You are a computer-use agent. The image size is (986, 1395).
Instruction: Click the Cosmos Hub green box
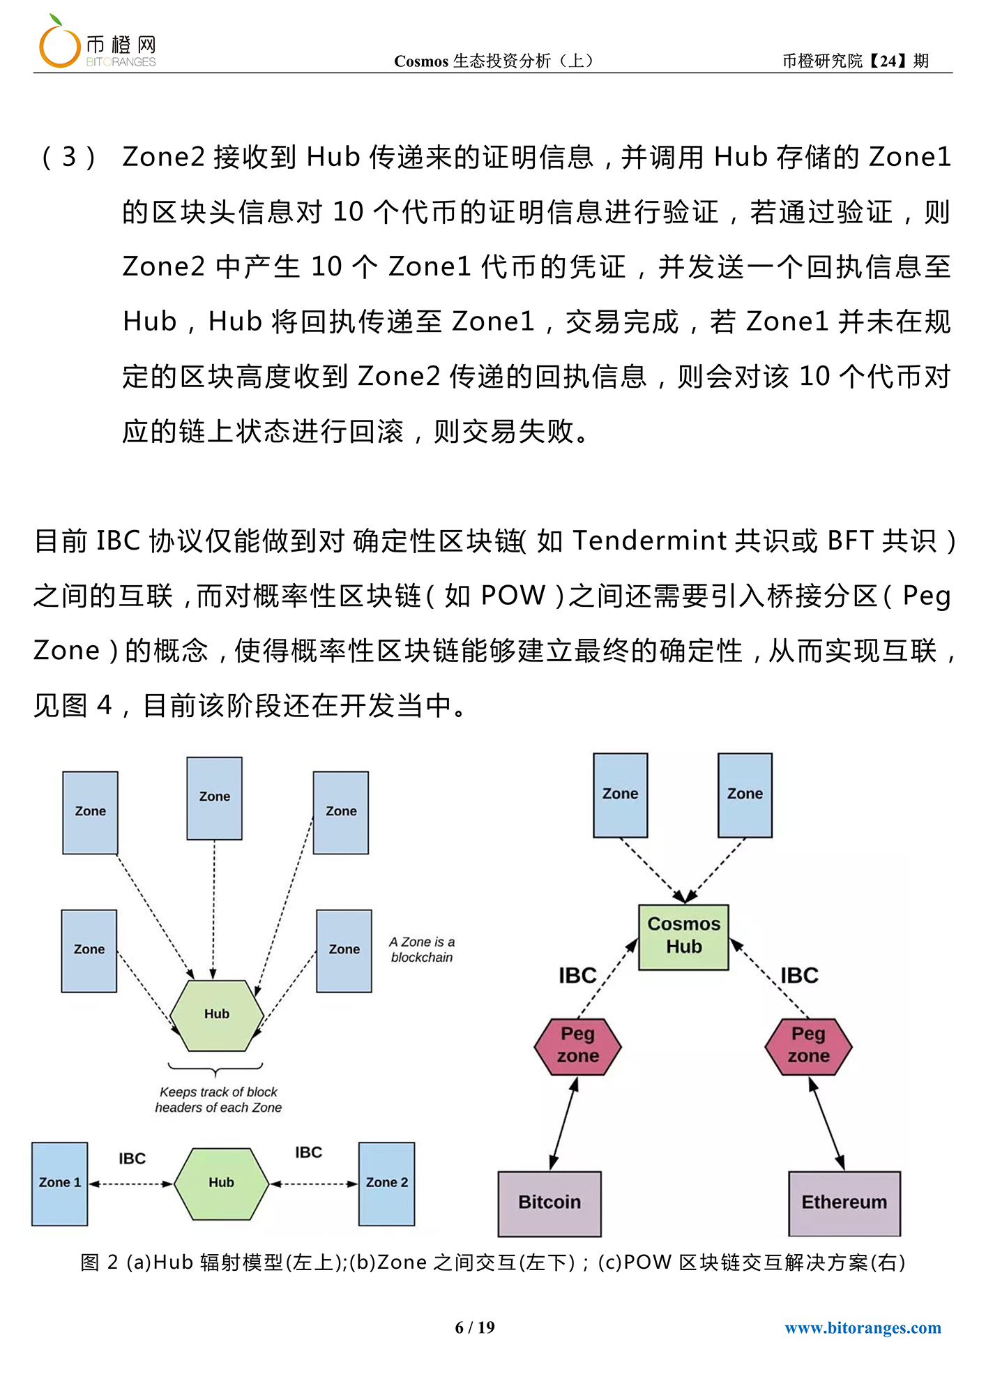click(x=683, y=937)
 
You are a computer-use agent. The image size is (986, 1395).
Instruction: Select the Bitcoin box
click(x=549, y=1203)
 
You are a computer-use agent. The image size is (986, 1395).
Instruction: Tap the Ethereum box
click(x=844, y=1203)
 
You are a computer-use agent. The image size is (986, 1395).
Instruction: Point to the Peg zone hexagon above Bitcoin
click(x=577, y=1046)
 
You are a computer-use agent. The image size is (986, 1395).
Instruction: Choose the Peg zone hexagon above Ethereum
click(x=808, y=1046)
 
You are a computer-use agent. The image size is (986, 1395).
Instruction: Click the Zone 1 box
click(x=60, y=1184)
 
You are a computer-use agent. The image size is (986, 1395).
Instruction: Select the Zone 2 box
click(x=386, y=1184)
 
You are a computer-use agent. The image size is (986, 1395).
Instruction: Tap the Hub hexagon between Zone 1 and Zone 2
click(x=221, y=1184)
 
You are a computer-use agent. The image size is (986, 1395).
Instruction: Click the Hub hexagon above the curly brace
click(x=217, y=1015)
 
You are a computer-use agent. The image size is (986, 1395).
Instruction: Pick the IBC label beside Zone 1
click(x=132, y=1159)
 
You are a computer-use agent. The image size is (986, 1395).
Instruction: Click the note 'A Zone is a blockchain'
click(x=422, y=949)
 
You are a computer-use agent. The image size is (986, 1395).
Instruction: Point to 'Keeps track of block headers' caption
click(x=218, y=1099)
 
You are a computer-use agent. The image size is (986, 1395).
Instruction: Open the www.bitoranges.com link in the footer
click(x=863, y=1327)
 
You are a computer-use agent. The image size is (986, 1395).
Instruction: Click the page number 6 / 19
click(x=475, y=1327)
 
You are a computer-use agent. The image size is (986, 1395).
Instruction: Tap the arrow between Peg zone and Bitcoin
click(x=563, y=1124)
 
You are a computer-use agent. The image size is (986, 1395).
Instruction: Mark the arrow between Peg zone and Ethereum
click(x=826, y=1124)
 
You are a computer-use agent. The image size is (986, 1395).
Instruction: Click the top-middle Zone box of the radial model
click(x=214, y=798)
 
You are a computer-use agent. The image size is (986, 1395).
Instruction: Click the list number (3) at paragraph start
click(x=68, y=157)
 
